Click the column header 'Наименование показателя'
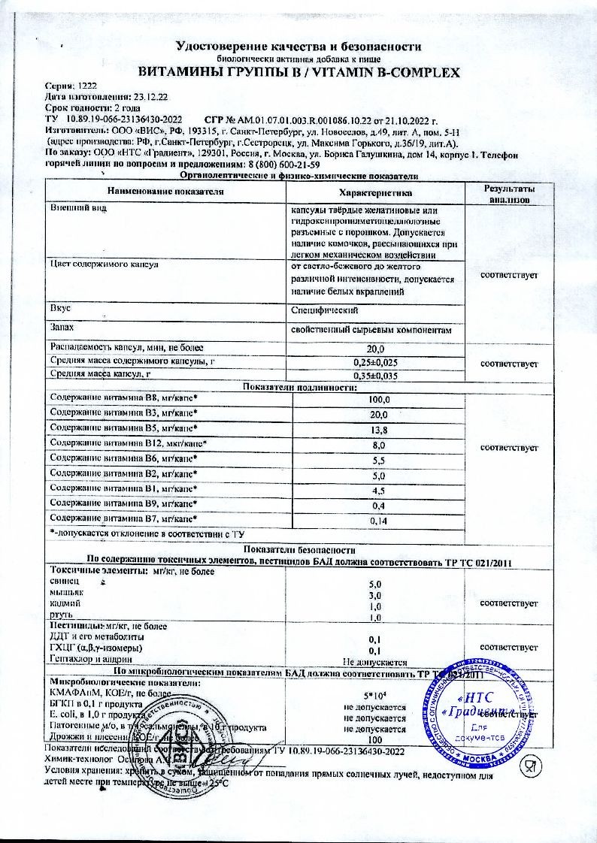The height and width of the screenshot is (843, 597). point(160,192)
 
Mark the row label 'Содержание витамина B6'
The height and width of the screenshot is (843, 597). point(123,459)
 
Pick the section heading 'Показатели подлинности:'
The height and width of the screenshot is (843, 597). point(298,387)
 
